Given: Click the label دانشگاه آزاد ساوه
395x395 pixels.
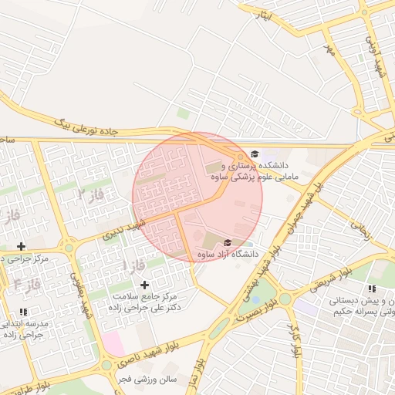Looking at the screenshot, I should click(x=227, y=253).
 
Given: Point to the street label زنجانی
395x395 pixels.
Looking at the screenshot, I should click(x=361, y=225).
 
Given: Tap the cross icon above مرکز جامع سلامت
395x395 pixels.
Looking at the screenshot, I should click(x=144, y=285).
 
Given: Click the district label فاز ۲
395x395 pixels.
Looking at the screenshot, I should click(x=90, y=194).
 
